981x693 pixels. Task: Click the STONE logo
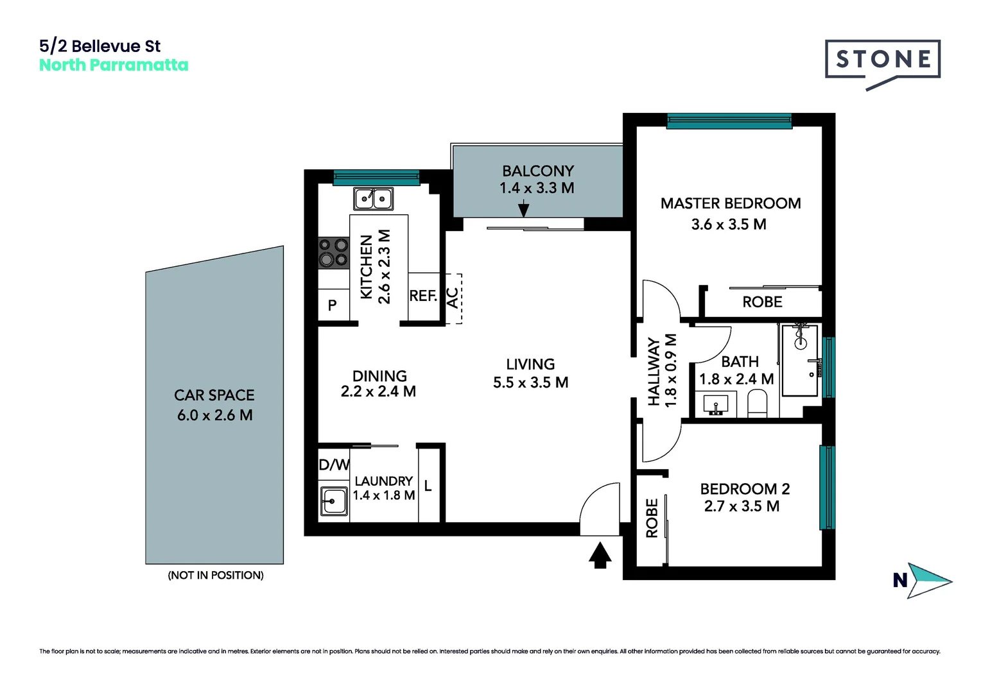pyautogui.click(x=883, y=60)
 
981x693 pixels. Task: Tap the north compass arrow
pyautogui.click(x=927, y=580)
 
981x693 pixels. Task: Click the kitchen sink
pyautogui.click(x=373, y=199)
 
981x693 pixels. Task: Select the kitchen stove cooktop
pyautogui.click(x=334, y=252)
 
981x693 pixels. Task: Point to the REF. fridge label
pyautogui.click(x=423, y=296)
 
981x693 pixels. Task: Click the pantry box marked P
pyautogui.click(x=333, y=305)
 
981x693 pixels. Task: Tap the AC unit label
pyautogui.click(x=453, y=298)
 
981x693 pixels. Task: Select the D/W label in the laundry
pyautogui.click(x=334, y=465)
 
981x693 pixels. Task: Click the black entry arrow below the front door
pyautogui.click(x=600, y=555)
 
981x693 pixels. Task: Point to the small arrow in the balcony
pyautogui.click(x=523, y=209)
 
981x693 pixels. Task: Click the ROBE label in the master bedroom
pyautogui.click(x=762, y=302)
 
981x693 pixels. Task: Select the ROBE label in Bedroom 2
pyautogui.click(x=652, y=518)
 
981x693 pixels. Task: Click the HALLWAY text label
pyautogui.click(x=654, y=372)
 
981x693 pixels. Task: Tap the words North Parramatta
pyautogui.click(x=114, y=65)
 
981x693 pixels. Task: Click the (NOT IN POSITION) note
pyautogui.click(x=216, y=576)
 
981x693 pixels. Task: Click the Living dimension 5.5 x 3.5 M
pyautogui.click(x=530, y=383)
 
